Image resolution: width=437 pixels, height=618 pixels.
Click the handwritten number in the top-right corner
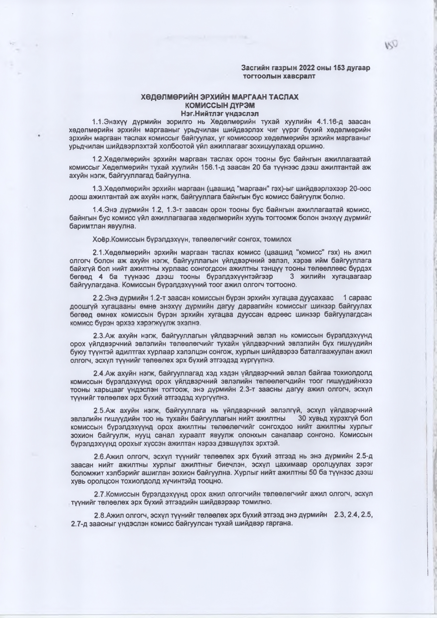[x=392, y=45]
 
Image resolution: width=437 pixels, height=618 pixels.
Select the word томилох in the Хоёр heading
[x=279, y=239]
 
